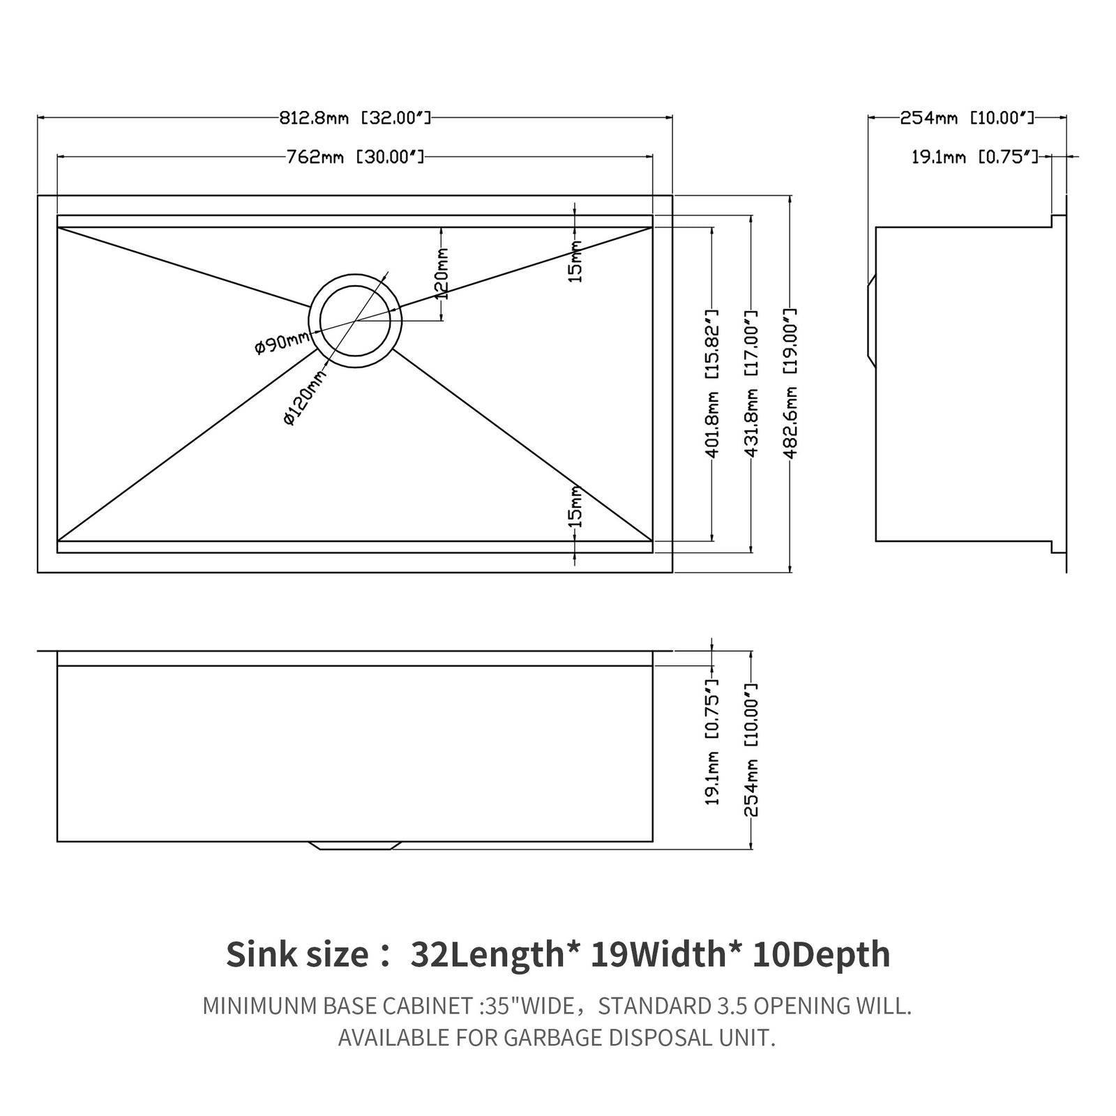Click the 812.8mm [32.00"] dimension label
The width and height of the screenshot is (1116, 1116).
[x=355, y=118]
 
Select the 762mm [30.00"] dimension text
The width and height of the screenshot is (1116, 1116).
[x=355, y=157]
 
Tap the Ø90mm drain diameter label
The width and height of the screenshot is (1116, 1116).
[x=282, y=342]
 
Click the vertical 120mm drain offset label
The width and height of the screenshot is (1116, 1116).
[x=442, y=273]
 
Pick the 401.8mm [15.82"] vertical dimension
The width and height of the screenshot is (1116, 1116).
[x=712, y=384]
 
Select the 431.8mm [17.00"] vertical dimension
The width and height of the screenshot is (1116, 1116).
[x=751, y=384]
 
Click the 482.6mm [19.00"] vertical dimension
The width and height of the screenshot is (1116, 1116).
[x=790, y=384]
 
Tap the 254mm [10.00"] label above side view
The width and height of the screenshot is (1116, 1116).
[x=967, y=118]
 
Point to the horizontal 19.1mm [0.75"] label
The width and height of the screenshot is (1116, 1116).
[x=974, y=157]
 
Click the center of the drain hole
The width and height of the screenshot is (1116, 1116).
[x=355, y=320]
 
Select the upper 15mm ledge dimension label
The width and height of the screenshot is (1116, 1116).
[x=575, y=261]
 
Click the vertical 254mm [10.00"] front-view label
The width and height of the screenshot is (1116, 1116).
[x=751, y=749]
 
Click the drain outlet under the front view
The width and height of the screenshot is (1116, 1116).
[x=355, y=845]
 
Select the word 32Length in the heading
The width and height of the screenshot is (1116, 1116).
[x=486, y=954]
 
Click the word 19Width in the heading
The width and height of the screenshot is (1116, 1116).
[x=658, y=954]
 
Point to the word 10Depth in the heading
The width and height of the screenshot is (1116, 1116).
[x=821, y=954]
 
